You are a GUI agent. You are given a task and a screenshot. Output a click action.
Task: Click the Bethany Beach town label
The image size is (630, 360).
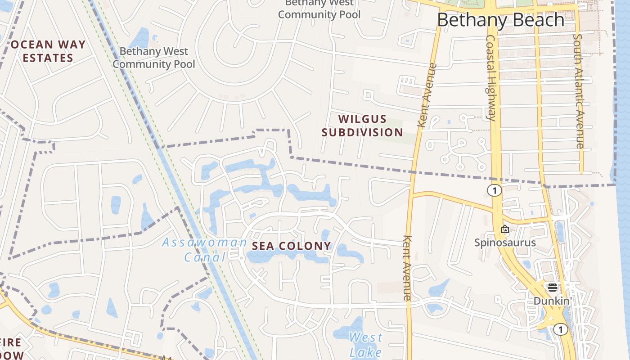point(500,20)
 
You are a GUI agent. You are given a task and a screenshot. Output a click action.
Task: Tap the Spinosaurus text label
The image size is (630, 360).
point(505,243)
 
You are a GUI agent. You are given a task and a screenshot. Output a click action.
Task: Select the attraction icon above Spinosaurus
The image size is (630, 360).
point(505,229)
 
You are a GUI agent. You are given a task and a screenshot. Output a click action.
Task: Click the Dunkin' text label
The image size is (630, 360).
point(552,301)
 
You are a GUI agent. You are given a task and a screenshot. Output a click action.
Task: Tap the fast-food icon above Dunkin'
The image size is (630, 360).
point(552,288)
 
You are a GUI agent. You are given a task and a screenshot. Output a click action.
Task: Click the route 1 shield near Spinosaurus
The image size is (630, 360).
point(494,191)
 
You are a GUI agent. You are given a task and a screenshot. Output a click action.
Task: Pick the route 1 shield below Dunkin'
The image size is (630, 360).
point(560,330)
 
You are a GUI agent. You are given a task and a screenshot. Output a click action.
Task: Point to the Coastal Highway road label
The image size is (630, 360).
point(491,79)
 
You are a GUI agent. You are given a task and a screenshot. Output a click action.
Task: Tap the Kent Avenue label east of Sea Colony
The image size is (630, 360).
point(407,268)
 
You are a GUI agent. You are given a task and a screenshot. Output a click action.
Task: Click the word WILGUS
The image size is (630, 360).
point(362,119)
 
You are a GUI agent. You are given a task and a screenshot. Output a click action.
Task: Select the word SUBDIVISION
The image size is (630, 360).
point(362,132)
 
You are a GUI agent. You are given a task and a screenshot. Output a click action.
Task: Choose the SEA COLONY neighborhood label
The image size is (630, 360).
point(291,246)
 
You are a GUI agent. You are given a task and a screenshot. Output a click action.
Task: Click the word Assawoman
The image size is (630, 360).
point(204,243)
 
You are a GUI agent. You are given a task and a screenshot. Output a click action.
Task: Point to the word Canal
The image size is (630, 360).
point(204,257)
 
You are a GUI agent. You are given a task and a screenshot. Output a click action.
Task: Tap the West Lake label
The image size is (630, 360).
point(365,344)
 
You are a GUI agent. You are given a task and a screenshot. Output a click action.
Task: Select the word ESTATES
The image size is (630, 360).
point(48,58)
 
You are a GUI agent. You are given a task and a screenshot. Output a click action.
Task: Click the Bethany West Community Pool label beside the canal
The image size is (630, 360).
point(154,58)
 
